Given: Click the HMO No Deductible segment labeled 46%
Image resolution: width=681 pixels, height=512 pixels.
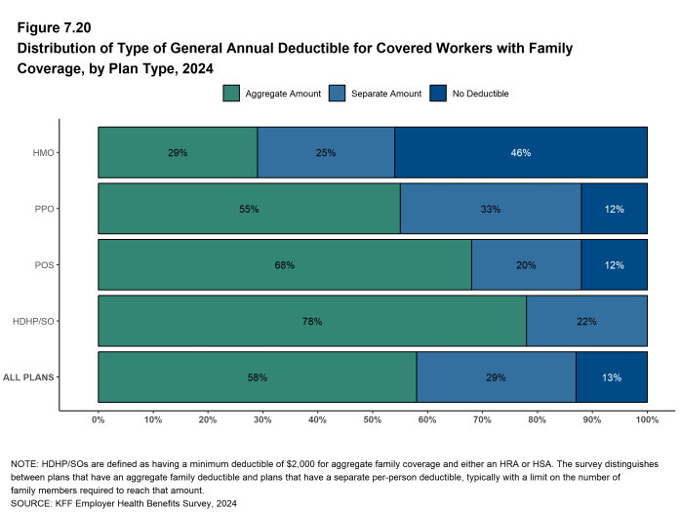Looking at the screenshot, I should click(x=520, y=153).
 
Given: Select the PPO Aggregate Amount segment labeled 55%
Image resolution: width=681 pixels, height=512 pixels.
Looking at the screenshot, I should click(x=249, y=210).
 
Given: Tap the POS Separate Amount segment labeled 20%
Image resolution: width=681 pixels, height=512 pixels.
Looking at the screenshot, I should click(x=526, y=265).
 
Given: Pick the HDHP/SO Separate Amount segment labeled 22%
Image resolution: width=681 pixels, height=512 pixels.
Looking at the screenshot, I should click(x=586, y=321).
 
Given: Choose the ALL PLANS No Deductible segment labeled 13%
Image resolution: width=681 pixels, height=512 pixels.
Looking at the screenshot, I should click(x=611, y=376).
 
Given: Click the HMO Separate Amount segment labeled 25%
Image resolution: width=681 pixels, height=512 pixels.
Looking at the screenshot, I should click(x=326, y=153).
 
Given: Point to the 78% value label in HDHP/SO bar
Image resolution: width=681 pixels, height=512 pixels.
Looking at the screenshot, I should click(x=312, y=321).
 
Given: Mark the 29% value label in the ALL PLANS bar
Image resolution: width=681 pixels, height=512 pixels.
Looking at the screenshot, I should click(x=496, y=376).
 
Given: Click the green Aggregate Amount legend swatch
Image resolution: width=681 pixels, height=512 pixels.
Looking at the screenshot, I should click(x=231, y=94).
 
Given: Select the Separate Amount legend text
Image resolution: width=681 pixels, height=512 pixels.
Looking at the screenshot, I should click(x=386, y=94).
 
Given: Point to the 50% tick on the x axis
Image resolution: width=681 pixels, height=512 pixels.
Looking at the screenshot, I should click(x=373, y=419).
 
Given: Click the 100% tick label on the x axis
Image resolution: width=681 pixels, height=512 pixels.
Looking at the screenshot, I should click(x=647, y=419).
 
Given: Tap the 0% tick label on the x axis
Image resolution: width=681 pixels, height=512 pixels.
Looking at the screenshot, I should click(x=99, y=419).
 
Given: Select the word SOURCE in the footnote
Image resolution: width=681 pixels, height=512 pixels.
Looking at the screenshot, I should click(x=32, y=503).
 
